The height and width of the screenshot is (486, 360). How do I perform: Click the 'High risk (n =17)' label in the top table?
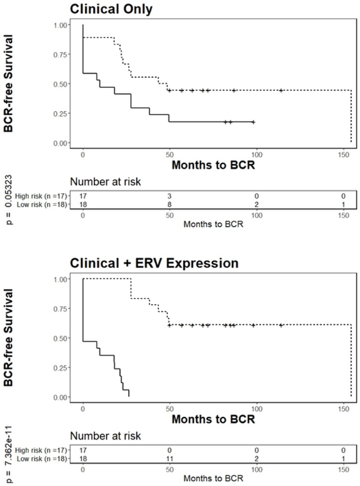click(41, 196)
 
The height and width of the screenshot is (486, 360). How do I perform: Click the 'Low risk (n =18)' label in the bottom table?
click(41, 460)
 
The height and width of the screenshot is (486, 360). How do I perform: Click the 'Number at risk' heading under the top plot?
click(108, 183)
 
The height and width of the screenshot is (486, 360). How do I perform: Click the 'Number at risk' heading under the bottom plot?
click(108, 437)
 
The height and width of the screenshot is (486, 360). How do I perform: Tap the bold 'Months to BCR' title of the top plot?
click(214, 166)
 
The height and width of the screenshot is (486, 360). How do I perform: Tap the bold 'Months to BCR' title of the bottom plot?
click(214, 420)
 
